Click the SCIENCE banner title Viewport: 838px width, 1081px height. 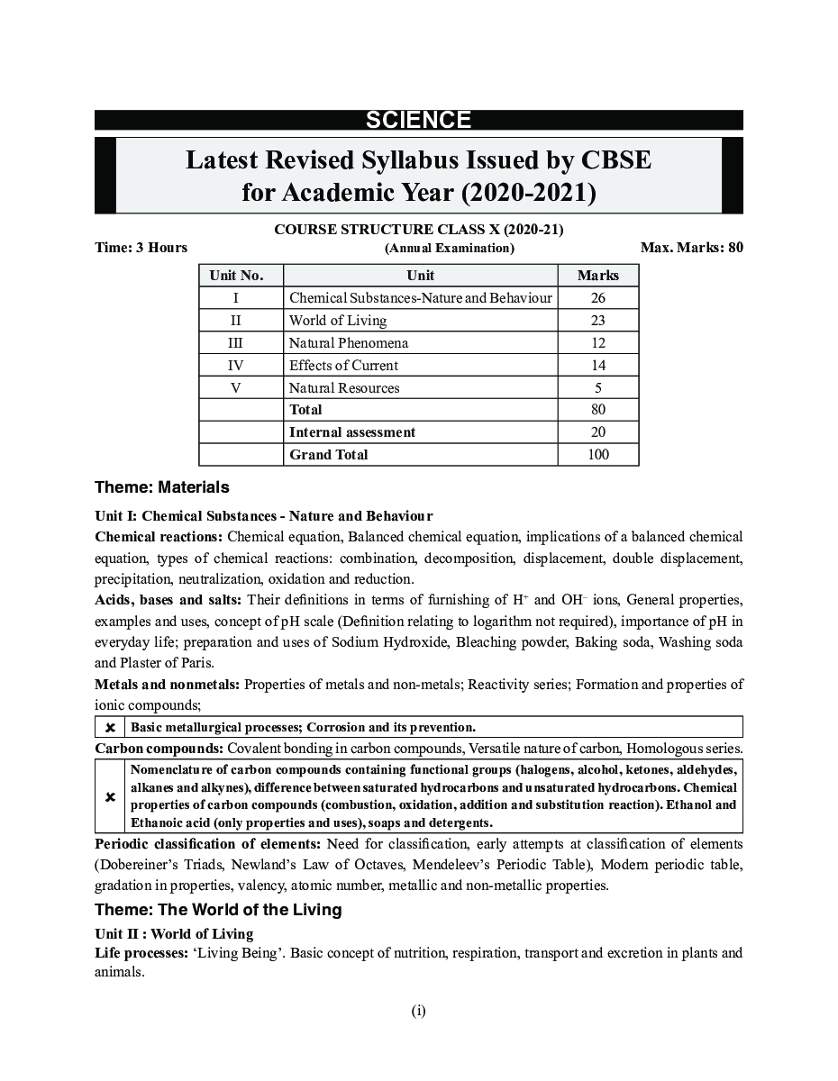click(418, 121)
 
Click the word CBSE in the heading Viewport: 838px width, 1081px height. click(608, 160)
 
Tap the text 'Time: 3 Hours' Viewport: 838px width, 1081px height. click(141, 248)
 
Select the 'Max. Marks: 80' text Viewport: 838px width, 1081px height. click(691, 248)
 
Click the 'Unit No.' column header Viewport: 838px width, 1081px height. click(236, 276)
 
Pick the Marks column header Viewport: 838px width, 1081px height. click(597, 276)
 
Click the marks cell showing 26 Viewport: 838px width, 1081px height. click(597, 298)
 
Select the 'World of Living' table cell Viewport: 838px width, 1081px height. click(338, 321)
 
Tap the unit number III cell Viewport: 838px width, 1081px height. click(236, 343)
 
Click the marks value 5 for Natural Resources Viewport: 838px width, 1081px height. click(597, 388)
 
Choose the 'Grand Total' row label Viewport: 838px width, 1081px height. click(328, 455)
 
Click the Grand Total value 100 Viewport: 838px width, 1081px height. click(597, 455)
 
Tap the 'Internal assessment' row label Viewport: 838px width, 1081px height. click(351, 432)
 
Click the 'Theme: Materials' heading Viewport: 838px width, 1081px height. click(162, 487)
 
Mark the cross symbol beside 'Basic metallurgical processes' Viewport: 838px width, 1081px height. click(110, 727)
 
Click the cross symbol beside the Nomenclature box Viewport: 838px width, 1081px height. click(110, 797)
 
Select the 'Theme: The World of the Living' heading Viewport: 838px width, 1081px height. click(218, 910)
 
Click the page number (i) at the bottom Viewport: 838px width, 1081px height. click(419, 1011)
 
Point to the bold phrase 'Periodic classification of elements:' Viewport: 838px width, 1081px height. click(208, 844)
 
